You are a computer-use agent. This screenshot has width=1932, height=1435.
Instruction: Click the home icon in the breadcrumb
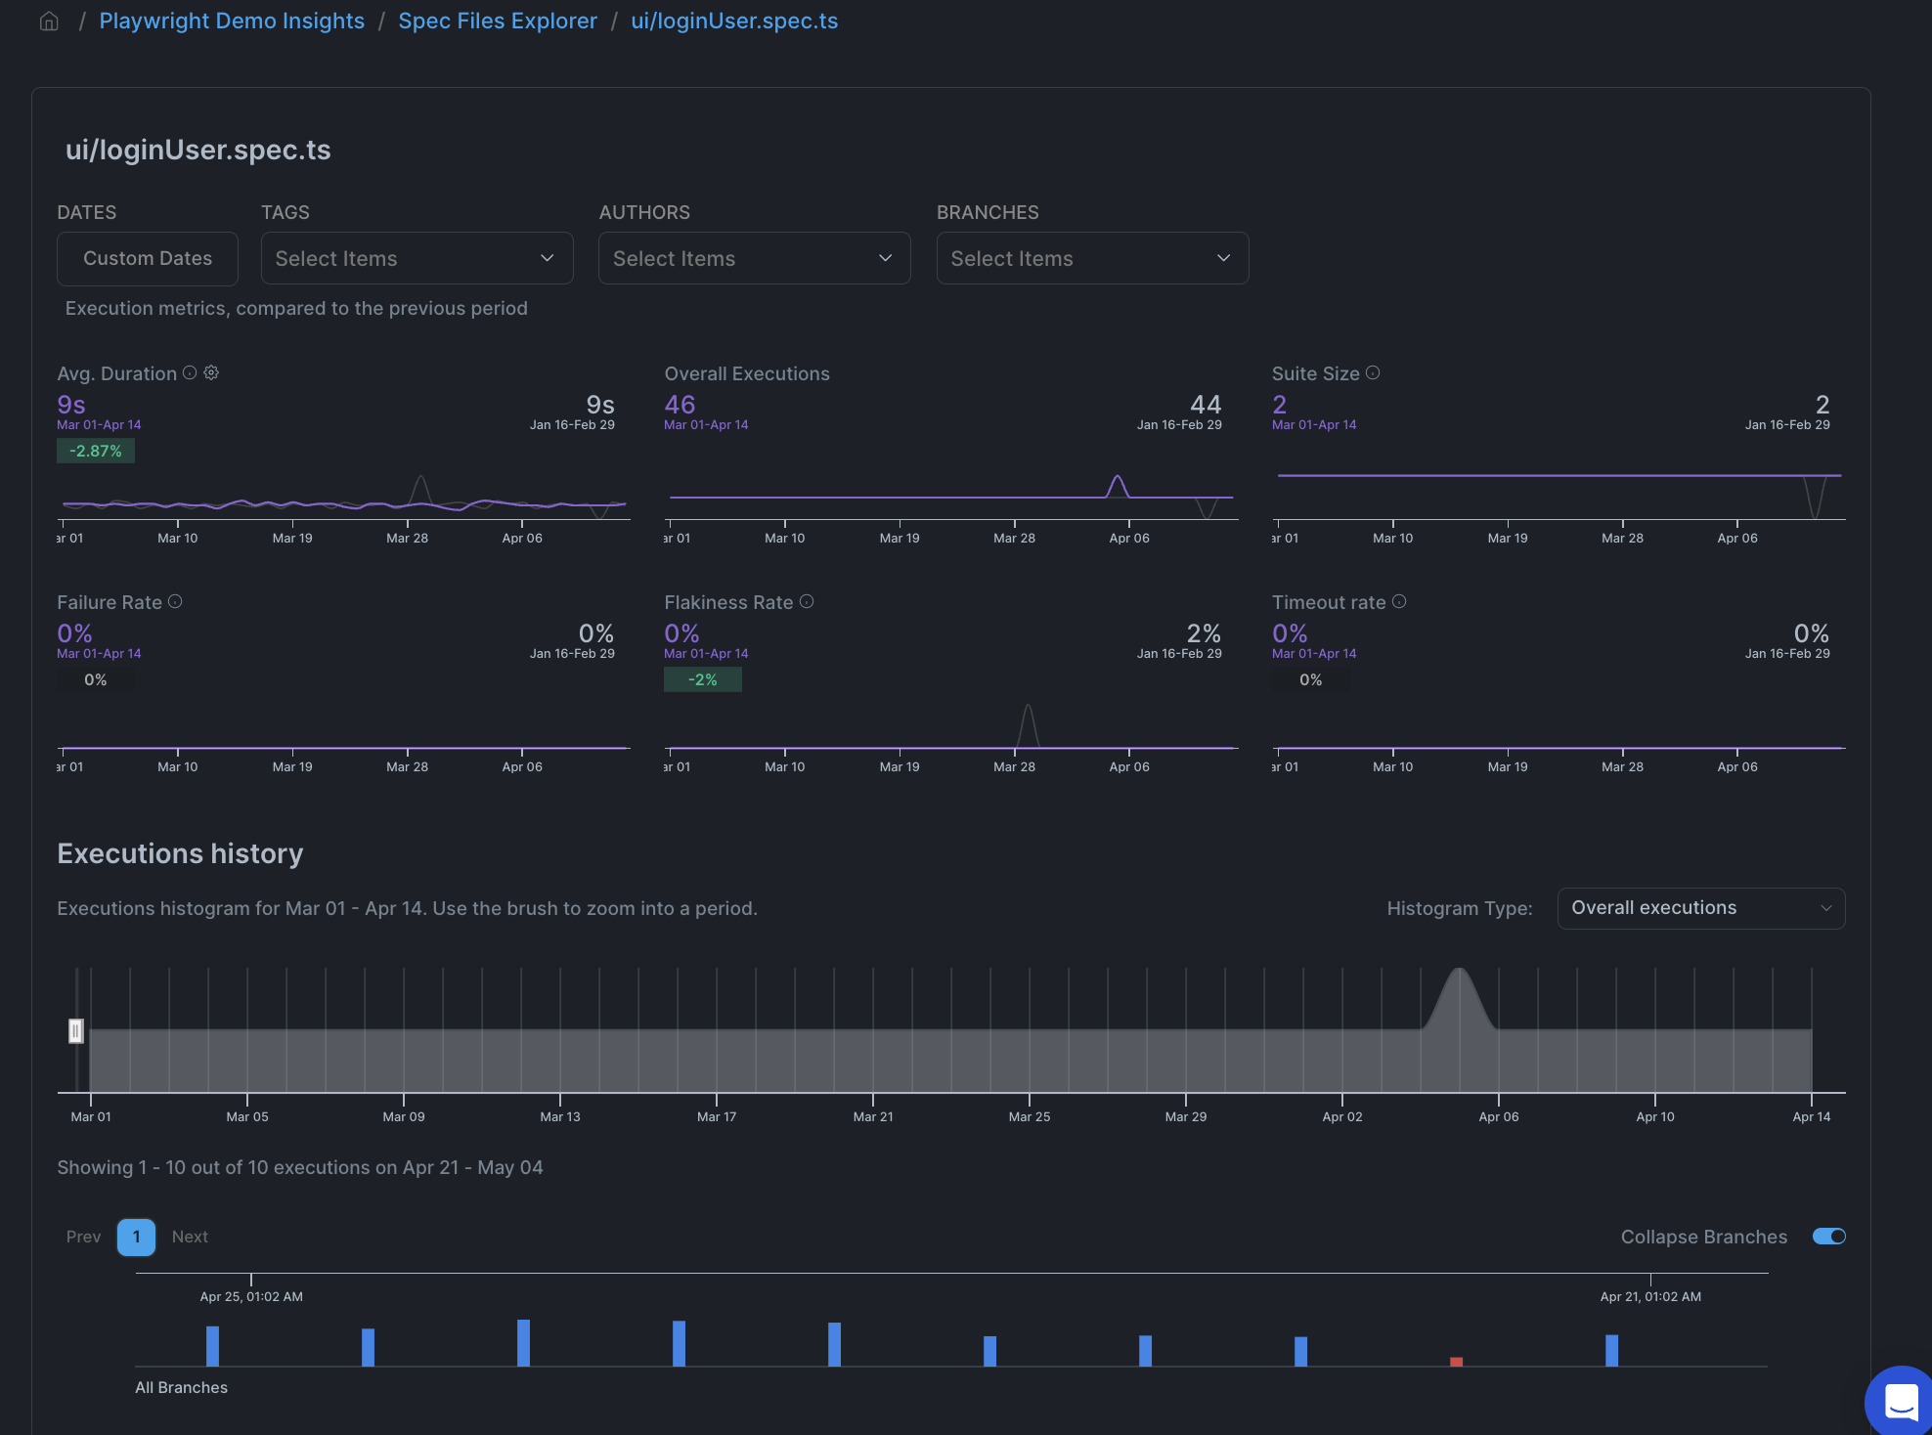[49, 22]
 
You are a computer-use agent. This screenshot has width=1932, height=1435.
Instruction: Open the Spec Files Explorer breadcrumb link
[497, 22]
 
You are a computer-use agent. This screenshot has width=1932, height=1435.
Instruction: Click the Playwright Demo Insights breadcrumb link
[232, 22]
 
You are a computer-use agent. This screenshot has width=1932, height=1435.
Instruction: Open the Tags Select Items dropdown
[417, 258]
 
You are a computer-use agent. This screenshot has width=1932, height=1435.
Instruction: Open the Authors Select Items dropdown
[754, 258]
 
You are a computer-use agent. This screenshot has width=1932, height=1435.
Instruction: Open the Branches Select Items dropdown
[1092, 258]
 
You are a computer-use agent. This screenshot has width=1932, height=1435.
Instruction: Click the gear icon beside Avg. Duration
[211, 372]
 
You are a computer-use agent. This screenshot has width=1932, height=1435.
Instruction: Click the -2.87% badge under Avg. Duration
[96, 451]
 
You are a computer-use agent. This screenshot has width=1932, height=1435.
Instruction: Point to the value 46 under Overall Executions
[680, 405]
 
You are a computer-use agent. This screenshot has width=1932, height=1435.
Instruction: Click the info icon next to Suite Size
[1373, 372]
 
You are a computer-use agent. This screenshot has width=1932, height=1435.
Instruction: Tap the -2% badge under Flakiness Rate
[702, 679]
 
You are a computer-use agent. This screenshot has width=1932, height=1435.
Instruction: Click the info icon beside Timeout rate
[1399, 601]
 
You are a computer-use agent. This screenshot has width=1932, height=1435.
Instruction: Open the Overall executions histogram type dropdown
[1700, 908]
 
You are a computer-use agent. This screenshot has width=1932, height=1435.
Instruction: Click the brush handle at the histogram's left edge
[75, 1030]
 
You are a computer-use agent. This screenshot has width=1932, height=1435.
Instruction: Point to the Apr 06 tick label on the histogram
[1498, 1116]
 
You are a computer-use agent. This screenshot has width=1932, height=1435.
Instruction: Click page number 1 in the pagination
[136, 1237]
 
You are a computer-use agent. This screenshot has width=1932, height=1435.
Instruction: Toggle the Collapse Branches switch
[1828, 1237]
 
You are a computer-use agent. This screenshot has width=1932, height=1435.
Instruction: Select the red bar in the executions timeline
[1456, 1361]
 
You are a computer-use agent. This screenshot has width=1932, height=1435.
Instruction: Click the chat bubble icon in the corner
[1901, 1402]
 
